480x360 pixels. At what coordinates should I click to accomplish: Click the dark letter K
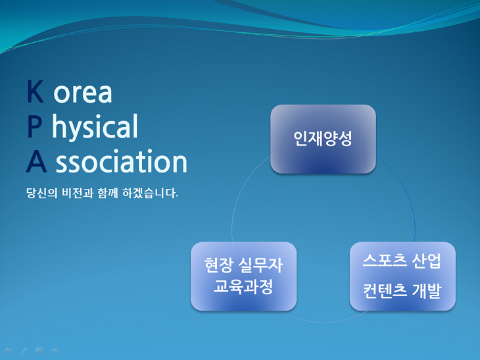coord(35,91)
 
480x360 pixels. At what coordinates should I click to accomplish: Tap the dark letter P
coord(34,126)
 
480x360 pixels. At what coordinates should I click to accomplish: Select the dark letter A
coord(36,161)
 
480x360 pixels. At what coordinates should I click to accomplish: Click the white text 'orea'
coord(83,93)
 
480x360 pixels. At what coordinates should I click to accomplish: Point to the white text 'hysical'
coord(95,127)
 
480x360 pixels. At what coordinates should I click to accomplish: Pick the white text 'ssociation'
coord(121,161)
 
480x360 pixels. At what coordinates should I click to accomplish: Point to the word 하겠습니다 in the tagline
coord(150,193)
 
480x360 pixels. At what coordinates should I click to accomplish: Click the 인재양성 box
coord(323,139)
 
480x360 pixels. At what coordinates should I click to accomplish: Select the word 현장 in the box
coord(218,265)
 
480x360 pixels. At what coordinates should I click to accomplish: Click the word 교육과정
coord(243,287)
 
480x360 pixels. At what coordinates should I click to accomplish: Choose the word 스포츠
coord(385,261)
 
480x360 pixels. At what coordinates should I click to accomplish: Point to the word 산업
coord(427,261)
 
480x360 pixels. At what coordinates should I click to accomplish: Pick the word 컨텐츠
coord(385,290)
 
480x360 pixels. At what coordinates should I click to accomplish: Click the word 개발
coord(427,290)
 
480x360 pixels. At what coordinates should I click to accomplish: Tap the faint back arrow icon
coord(9,351)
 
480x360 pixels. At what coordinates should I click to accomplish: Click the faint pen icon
coord(24,351)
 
